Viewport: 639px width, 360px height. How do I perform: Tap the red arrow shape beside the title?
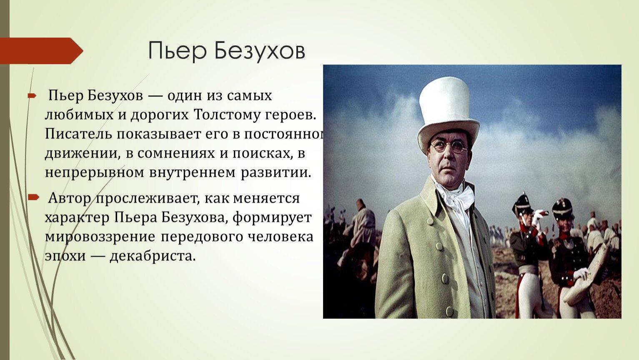pyautogui.click(x=42, y=51)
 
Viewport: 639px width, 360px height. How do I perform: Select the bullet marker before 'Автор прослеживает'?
pyautogui.click(x=33, y=197)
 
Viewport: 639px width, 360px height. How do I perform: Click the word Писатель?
pyautogui.click(x=78, y=134)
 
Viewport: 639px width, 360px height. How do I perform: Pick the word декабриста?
pyautogui.click(x=153, y=256)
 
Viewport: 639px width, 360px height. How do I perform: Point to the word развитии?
pyautogui.click(x=276, y=173)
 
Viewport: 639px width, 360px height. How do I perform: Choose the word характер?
pyautogui.click(x=77, y=218)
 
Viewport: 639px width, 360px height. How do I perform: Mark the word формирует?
pyautogui.click(x=272, y=218)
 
